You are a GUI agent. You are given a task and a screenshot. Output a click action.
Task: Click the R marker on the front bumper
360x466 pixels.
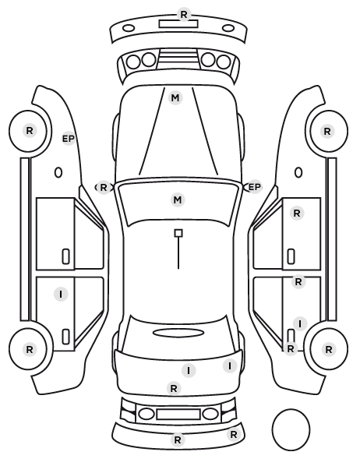184,14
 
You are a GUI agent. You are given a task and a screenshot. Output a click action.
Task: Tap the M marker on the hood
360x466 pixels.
175,97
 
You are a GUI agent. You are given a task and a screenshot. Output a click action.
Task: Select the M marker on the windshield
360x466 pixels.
178,199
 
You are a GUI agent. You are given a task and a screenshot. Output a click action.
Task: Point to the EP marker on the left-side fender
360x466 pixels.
69,139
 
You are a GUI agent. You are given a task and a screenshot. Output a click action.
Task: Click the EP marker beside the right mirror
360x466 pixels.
255,187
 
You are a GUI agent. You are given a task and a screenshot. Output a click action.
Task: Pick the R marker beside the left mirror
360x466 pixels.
103,188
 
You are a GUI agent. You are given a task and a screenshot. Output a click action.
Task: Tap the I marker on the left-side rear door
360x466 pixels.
61,295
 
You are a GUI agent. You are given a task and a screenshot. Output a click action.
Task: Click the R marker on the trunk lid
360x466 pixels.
174,388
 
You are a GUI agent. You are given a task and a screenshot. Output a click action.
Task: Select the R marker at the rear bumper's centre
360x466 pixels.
178,440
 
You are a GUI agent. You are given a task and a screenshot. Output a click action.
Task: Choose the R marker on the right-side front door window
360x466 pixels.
297,213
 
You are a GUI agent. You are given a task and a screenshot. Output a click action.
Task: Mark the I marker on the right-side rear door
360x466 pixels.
300,323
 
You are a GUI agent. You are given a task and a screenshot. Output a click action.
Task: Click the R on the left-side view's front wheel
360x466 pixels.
29,130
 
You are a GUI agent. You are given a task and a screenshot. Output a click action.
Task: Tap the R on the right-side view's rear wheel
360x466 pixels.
329,349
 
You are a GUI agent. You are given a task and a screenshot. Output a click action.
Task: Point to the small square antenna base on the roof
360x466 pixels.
178,233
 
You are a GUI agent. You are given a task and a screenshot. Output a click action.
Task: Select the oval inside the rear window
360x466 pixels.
178,333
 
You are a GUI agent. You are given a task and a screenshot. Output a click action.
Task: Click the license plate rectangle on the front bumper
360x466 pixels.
178,24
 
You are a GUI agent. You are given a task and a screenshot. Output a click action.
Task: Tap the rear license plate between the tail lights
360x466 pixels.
178,414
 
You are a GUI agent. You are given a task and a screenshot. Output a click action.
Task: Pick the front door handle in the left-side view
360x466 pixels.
65,256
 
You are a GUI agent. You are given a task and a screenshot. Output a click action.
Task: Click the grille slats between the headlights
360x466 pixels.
178,57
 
